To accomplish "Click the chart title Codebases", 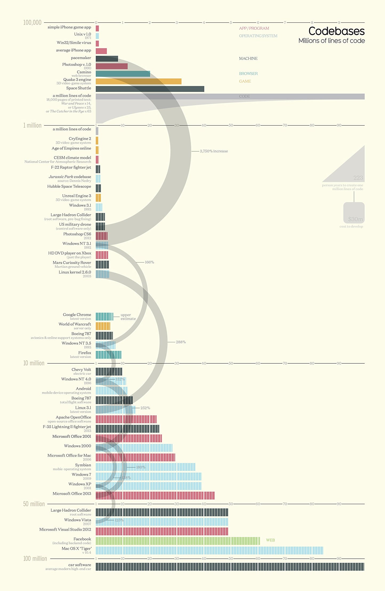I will [336, 31].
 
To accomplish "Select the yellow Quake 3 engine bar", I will [138, 81].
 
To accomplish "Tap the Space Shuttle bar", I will [150, 89].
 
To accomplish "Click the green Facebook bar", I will [177, 541].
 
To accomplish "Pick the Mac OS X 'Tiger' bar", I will [209, 551].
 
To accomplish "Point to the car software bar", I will [230, 567].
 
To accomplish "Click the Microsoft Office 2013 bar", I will [155, 496].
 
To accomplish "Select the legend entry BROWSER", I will [248, 73].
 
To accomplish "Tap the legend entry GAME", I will [245, 81].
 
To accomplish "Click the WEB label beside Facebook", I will [270, 540].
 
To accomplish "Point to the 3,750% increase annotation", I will [214, 151].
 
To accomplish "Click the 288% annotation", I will [181, 342].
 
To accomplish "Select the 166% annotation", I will [149, 262].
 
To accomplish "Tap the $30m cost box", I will [354, 213].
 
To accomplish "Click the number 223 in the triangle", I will [358, 178].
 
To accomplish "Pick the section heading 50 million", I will [34, 504].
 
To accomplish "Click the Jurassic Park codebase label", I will [70, 177].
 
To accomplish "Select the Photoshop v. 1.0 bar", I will [111, 66].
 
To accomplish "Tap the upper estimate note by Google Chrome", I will [128, 317].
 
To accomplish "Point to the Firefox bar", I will [108, 355].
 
